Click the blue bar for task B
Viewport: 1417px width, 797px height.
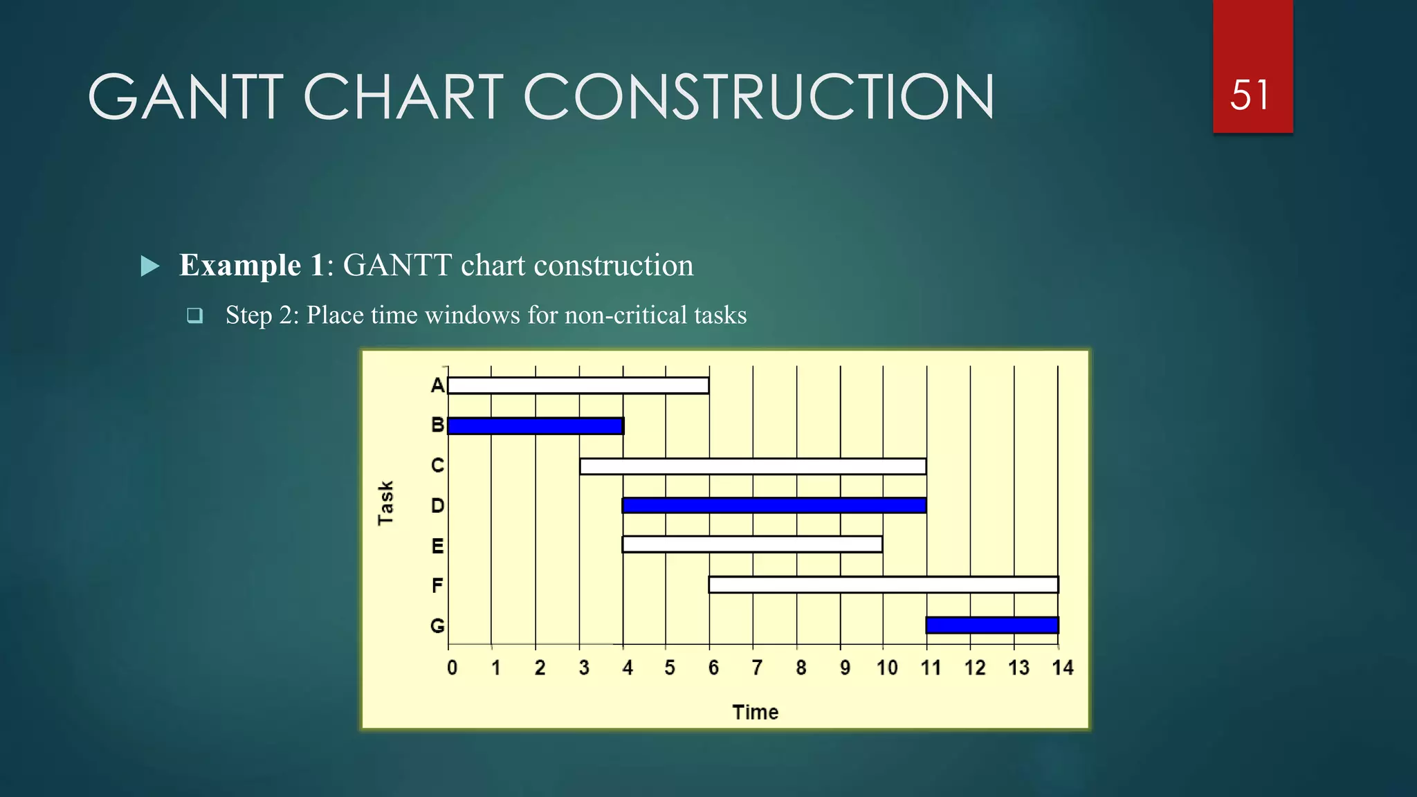pos(535,425)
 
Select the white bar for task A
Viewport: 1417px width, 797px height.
pos(578,385)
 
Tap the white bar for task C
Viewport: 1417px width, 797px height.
pos(753,466)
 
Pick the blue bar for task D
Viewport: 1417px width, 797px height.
pos(774,505)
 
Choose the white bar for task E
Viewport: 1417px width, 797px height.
pos(752,544)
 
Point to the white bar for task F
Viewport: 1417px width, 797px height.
pos(884,585)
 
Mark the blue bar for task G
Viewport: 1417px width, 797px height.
pos(992,625)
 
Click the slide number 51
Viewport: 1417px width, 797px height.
pos(1250,95)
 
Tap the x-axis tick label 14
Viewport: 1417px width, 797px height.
pos(1062,668)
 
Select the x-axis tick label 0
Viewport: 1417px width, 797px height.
pos(452,668)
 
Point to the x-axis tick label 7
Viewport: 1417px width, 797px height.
pos(757,668)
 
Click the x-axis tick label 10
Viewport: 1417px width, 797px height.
pos(887,668)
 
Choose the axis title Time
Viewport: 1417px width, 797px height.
pos(755,712)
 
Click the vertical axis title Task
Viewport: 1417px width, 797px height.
pos(385,503)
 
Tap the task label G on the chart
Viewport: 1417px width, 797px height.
pos(437,626)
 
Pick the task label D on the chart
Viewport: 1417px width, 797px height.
pos(437,506)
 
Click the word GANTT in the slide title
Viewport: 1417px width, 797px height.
pos(185,98)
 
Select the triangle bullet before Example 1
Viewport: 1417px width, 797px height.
pos(149,266)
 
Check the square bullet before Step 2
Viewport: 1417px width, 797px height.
pos(195,316)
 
